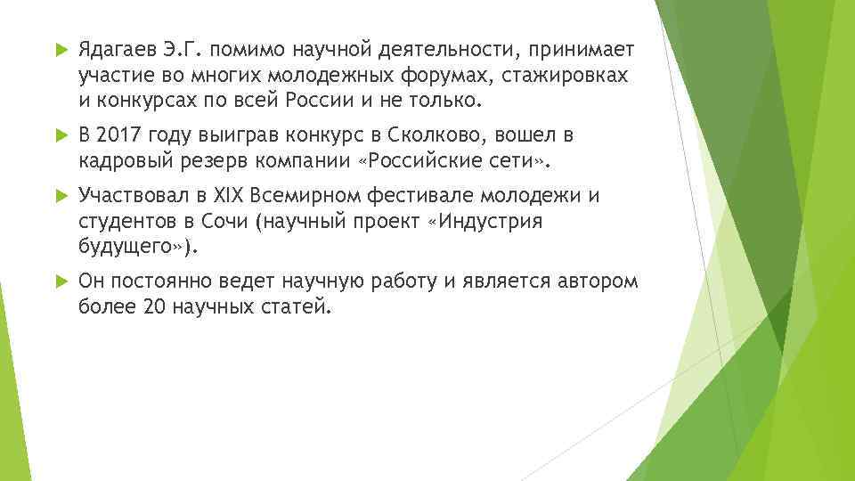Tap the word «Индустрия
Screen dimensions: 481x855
tap(485, 221)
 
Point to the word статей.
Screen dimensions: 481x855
tap(297, 307)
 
